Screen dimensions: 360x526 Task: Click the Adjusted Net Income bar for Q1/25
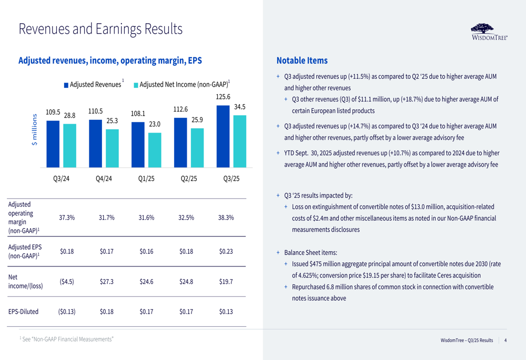tap(155, 149)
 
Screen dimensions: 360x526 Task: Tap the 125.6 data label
tap(223, 97)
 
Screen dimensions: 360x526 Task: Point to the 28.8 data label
tap(69, 116)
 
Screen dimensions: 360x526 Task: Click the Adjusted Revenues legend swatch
tap(66, 85)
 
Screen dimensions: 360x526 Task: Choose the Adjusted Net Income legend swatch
tap(136, 85)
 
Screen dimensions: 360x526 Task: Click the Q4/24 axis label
tap(104, 178)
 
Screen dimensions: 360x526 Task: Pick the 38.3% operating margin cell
tap(226, 218)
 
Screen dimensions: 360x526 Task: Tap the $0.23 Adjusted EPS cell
tap(226, 251)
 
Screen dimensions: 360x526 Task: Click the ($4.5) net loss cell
tap(67, 281)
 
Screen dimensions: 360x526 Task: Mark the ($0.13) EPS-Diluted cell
tap(67, 312)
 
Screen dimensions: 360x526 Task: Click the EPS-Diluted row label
tap(24, 312)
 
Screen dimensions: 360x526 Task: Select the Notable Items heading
tap(301, 61)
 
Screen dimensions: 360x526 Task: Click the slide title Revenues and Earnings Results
tap(100, 29)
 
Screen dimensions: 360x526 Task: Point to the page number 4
tap(505, 341)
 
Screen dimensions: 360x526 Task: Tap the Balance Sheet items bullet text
tap(310, 253)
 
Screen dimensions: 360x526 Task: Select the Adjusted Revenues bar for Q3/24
tap(53, 143)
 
